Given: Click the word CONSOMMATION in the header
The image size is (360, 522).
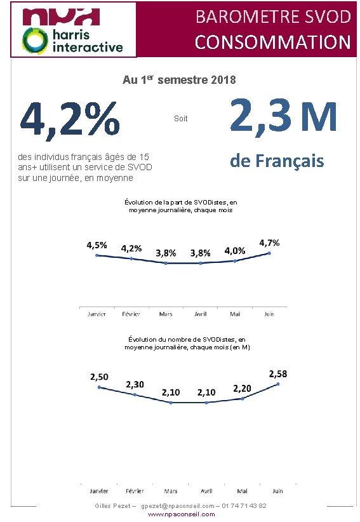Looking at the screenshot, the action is pyautogui.click(x=272, y=43).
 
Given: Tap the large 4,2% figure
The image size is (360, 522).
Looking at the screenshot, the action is pyautogui.click(x=70, y=119).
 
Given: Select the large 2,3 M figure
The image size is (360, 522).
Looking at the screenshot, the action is pyautogui.click(x=283, y=115).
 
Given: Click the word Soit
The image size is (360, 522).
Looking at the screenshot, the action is pyautogui.click(x=181, y=119).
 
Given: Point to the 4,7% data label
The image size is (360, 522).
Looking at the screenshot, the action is pyautogui.click(x=269, y=243).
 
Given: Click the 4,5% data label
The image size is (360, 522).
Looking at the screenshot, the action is pyautogui.click(x=97, y=245).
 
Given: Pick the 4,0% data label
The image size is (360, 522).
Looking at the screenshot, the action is pyautogui.click(x=234, y=251).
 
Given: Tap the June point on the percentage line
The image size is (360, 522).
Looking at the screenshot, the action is pyautogui.click(x=269, y=253).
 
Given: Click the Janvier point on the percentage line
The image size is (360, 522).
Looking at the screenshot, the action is pyautogui.click(x=97, y=255).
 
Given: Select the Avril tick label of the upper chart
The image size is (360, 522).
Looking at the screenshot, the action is pyautogui.click(x=200, y=314).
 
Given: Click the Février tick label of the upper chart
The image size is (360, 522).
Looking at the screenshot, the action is pyautogui.click(x=131, y=314).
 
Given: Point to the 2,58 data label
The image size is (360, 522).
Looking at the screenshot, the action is pyautogui.click(x=278, y=374).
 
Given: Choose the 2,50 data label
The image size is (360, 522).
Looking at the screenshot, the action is pyautogui.click(x=99, y=377).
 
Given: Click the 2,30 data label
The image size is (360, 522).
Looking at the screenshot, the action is pyautogui.click(x=135, y=384).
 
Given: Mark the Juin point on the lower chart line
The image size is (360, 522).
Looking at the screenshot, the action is pyautogui.click(x=278, y=384).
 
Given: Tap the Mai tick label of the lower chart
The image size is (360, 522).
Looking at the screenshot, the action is pyautogui.click(x=242, y=491).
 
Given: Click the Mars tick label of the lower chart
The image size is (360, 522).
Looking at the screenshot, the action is pyautogui.click(x=171, y=491).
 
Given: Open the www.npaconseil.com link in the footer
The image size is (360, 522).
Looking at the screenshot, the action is pyautogui.click(x=181, y=514).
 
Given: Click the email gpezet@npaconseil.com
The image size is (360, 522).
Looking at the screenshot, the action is pyautogui.click(x=178, y=506).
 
